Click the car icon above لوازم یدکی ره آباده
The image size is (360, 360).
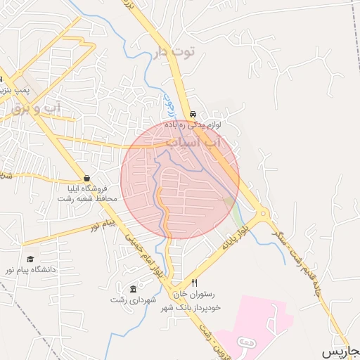(193, 114)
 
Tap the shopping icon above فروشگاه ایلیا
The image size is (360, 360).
(86, 178)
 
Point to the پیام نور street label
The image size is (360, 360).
(103, 224)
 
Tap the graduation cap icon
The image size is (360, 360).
(30, 259)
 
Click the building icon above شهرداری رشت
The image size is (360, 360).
(134, 289)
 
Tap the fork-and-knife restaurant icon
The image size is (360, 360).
(195, 283)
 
